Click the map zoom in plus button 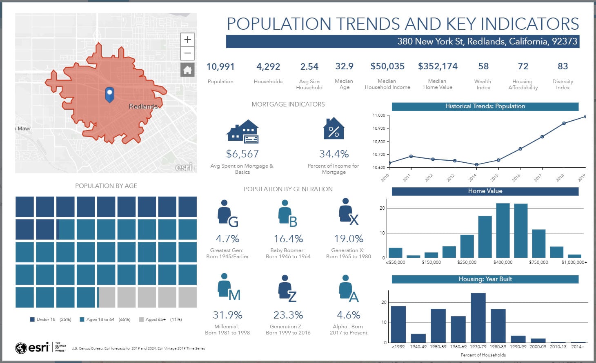tap(187, 40)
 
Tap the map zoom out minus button tap(187, 53)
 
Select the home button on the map tap(187, 70)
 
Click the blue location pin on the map tap(109, 94)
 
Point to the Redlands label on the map tap(143, 106)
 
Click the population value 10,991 tap(220, 66)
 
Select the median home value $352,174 tap(438, 66)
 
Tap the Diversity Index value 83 tap(563, 66)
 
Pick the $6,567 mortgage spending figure tap(242, 154)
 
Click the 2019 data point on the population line tap(585, 117)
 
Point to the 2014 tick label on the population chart tap(472, 178)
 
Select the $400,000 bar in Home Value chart tap(503, 230)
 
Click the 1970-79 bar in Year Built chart tap(478, 317)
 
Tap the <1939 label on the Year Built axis tap(398, 347)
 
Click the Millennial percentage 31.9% tap(227, 315)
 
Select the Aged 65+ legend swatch tap(141, 320)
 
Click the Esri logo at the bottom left tap(32, 348)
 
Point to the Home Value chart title tap(485, 191)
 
